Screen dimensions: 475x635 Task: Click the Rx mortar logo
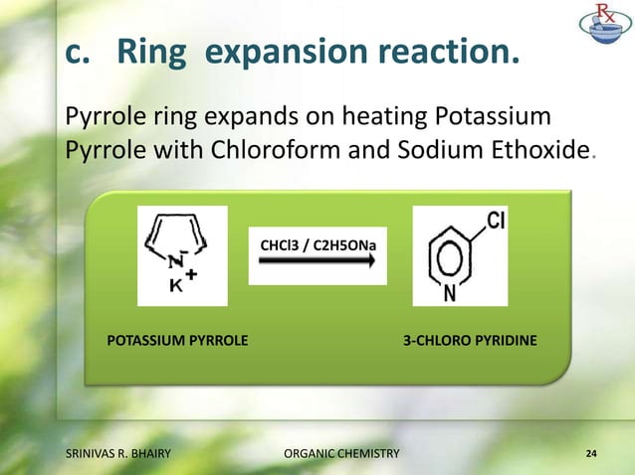[x=605, y=29]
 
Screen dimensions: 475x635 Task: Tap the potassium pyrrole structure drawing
[x=182, y=255]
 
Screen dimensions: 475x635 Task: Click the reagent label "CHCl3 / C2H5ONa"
[x=317, y=242]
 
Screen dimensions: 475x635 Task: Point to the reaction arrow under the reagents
[x=317, y=261]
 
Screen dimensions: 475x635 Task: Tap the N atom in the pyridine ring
[x=450, y=294]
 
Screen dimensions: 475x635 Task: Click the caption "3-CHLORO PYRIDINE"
[x=470, y=341]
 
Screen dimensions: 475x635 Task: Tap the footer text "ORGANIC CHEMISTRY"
[x=341, y=454]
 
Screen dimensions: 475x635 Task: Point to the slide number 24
[x=591, y=454]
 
